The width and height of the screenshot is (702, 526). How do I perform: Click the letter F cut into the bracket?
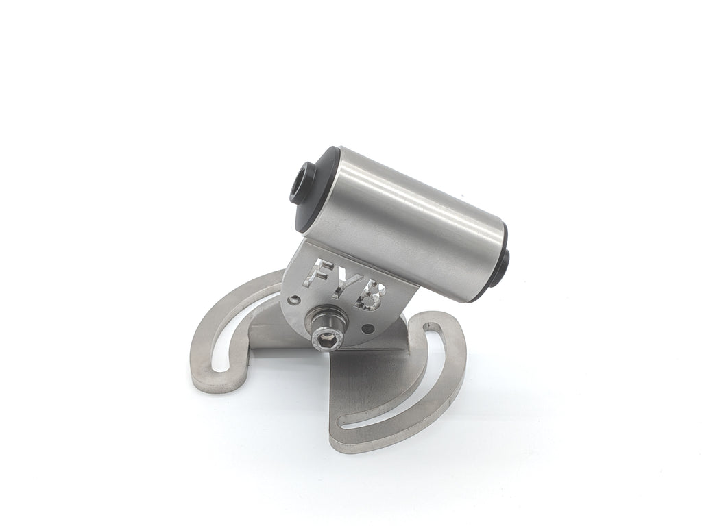[316, 271]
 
